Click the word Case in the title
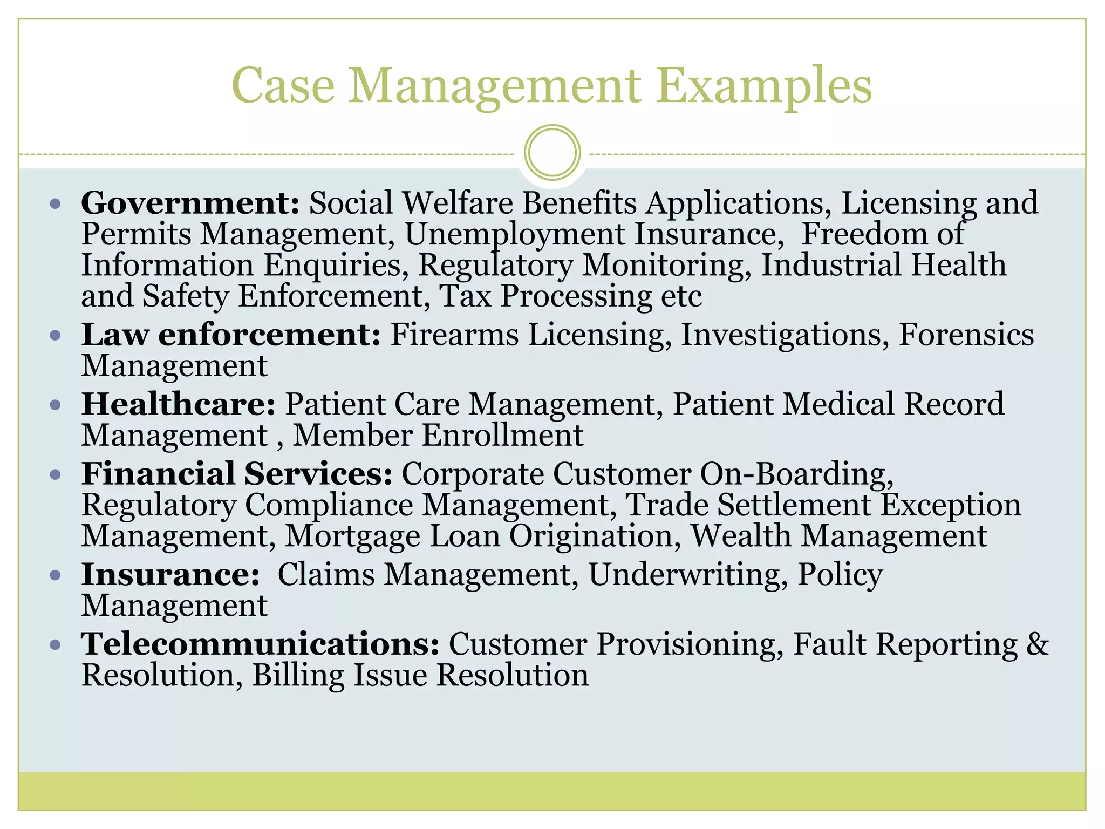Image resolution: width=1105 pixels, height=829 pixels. pos(283,86)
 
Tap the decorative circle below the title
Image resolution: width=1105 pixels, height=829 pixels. pos(552,152)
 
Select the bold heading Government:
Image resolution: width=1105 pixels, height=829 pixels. pos(190,203)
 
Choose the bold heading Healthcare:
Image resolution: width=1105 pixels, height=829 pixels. pos(179,404)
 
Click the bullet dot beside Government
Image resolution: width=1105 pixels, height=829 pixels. pos(55,204)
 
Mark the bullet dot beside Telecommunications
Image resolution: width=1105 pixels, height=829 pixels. pos(55,644)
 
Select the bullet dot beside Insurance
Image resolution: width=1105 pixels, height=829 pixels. pos(55,575)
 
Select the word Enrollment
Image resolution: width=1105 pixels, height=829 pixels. pos(502,436)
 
